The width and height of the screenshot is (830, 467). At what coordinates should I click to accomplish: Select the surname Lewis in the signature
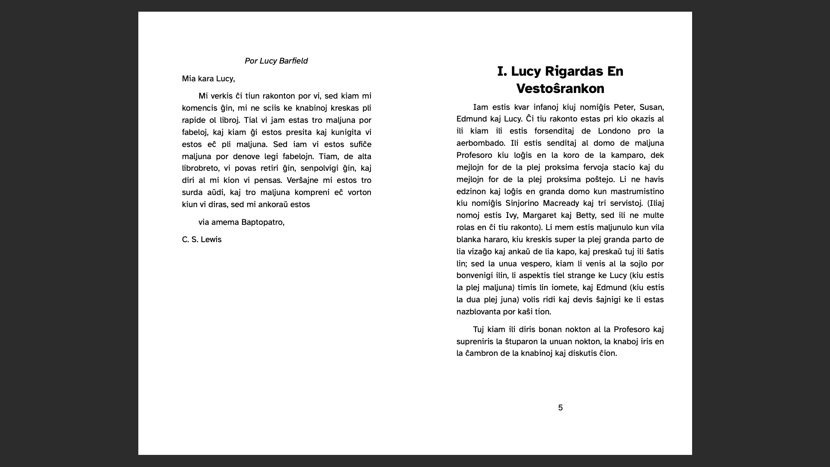211,240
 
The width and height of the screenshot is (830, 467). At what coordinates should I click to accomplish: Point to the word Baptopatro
262,222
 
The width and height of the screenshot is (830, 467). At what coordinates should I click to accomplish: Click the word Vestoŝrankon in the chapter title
560,89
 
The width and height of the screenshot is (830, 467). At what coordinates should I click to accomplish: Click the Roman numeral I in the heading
501,71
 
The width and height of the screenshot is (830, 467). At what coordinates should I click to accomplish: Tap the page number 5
560,408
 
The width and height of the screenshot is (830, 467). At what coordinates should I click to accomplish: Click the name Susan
651,107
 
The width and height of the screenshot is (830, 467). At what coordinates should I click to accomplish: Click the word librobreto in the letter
200,168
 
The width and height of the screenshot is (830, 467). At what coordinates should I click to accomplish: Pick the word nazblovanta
479,312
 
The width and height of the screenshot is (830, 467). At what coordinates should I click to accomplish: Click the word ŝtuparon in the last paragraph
521,342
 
